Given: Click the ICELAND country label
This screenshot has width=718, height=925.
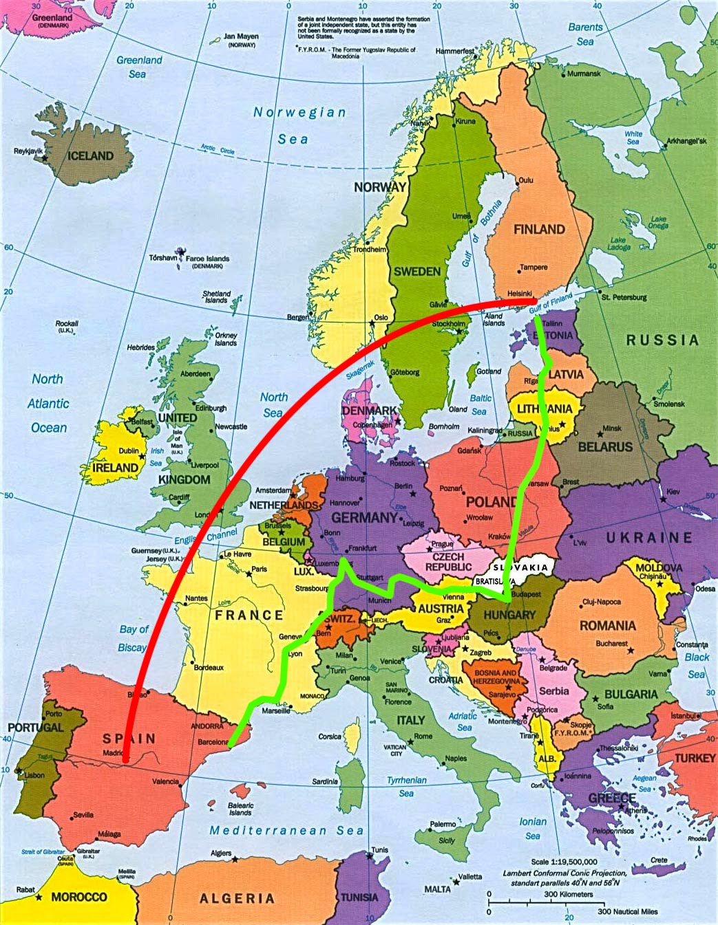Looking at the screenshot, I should tap(90, 156).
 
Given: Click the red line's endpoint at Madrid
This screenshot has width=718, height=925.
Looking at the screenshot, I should tap(127, 760).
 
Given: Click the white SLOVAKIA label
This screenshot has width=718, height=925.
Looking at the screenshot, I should tap(520, 568).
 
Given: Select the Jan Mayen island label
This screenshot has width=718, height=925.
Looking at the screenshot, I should tap(241, 37).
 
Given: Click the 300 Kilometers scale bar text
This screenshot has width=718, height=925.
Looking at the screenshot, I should tap(568, 895).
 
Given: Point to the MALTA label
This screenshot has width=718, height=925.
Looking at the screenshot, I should tap(437, 889).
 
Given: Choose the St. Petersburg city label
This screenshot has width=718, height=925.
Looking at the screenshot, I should tap(624, 298).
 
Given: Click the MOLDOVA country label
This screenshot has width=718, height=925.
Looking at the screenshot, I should tap(659, 568).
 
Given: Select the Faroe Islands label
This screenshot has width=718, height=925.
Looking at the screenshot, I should tap(207, 260).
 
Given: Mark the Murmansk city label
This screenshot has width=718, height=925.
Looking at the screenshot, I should tap(584, 74).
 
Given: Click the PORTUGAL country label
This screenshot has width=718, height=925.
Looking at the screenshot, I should tap(35, 727).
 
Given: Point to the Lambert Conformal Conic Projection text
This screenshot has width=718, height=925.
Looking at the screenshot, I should tap(564, 873).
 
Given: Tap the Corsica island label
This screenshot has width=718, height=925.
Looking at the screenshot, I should tap(330, 737).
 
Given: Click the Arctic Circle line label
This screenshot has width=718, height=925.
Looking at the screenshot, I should tap(218, 149).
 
